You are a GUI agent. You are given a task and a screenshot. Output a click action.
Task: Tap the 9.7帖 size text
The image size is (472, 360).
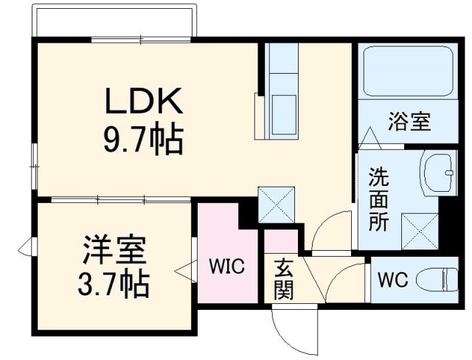click(143, 138)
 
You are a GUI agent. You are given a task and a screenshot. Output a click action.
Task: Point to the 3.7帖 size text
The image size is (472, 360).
click(114, 283)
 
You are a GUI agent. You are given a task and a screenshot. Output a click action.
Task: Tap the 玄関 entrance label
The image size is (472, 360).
click(283, 279)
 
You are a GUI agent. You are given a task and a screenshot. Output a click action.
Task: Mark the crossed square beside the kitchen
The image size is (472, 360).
click(277, 205)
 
